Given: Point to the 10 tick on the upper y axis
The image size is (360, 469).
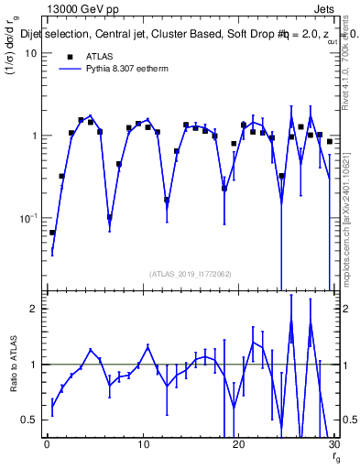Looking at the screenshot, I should pos(31,53).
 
